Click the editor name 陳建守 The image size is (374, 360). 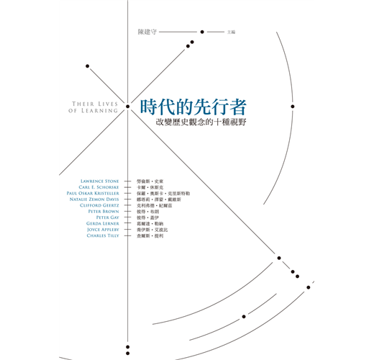(147, 32)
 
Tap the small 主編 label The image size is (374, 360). (231, 32)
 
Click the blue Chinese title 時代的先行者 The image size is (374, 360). (193, 107)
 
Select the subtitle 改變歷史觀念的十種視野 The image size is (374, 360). (201, 122)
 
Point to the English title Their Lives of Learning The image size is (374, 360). (93, 107)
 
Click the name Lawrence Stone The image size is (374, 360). (100, 181)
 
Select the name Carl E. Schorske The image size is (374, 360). (99, 187)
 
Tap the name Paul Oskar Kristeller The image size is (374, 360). (93, 193)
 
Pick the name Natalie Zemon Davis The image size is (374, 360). (94, 199)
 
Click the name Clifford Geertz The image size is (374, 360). (99, 205)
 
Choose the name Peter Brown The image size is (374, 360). (104, 212)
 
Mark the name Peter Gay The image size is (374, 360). (108, 217)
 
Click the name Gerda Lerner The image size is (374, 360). (103, 223)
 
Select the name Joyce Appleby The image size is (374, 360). (103, 230)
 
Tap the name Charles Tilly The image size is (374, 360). (103, 235)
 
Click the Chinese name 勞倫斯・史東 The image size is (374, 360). (150, 181)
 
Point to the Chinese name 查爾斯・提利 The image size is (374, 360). (150, 236)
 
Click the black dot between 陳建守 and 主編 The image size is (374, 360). (202, 32)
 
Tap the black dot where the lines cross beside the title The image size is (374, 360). (128, 107)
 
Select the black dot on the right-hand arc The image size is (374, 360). (293, 107)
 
